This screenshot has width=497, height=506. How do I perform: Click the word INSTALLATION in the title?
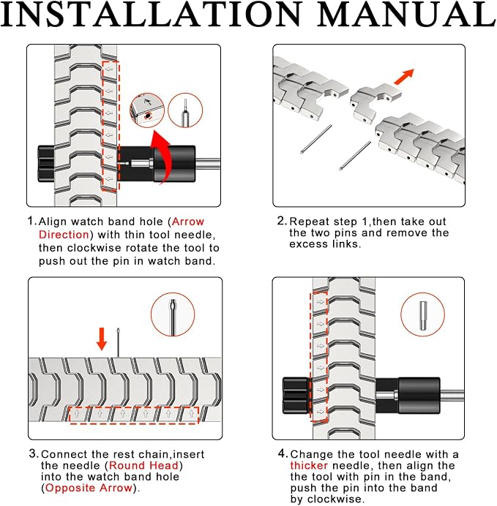pyautogui.click(x=151, y=14)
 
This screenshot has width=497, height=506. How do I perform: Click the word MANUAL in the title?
pyautogui.click(x=407, y=14)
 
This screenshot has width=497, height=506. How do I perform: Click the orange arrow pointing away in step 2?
pyautogui.click(x=404, y=77)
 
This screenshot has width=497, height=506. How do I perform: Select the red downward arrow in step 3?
pyautogui.click(x=102, y=339)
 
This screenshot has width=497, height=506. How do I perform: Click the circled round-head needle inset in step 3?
pyautogui.click(x=173, y=314)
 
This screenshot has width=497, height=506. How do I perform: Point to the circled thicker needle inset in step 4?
pyautogui.click(x=423, y=314)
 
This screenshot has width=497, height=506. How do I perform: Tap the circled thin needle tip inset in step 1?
pyautogui.click(x=185, y=110)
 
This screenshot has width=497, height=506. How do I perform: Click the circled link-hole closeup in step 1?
pyautogui.click(x=147, y=110)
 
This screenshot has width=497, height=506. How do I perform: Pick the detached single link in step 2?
pyautogui.click(x=375, y=102)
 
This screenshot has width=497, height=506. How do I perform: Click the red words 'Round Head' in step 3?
pyautogui.click(x=143, y=465)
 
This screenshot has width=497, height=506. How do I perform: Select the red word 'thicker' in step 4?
pyautogui.click(x=309, y=465)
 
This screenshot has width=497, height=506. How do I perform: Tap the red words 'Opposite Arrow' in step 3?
pyautogui.click(x=89, y=488)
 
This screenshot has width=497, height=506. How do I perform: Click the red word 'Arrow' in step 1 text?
pyautogui.click(x=188, y=222)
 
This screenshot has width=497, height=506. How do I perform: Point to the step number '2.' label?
pyautogui.click(x=282, y=221)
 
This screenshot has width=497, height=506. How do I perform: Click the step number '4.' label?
pyautogui.click(x=283, y=454)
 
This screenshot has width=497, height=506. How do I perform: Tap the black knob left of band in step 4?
pyautogui.click(x=296, y=396)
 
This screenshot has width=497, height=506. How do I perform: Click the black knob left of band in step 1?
pyautogui.click(x=46, y=164)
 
